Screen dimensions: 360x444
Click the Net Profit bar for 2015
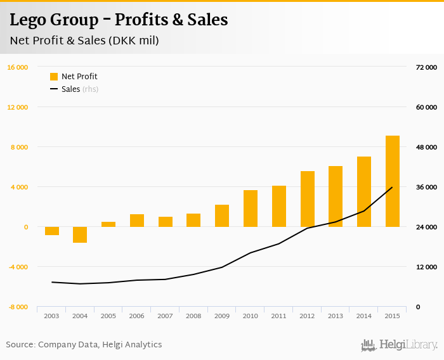point(392,181)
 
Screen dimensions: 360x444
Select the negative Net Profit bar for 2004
point(80,235)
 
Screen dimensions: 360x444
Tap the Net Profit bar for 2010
point(251,209)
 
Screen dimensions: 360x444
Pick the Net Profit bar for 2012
point(307,199)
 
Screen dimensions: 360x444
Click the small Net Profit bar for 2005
point(108,224)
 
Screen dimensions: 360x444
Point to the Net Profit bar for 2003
point(52,231)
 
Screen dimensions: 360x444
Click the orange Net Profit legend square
point(54,77)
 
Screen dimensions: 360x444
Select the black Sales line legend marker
point(54,89)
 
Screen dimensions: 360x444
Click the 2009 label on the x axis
point(222,316)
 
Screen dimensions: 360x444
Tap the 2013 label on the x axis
point(336,316)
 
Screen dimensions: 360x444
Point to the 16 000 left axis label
point(18,67)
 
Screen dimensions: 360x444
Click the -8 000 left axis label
point(18,307)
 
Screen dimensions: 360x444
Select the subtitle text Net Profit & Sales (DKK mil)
point(84,41)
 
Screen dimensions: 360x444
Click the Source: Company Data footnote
point(84,345)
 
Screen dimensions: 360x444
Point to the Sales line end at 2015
point(392,188)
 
